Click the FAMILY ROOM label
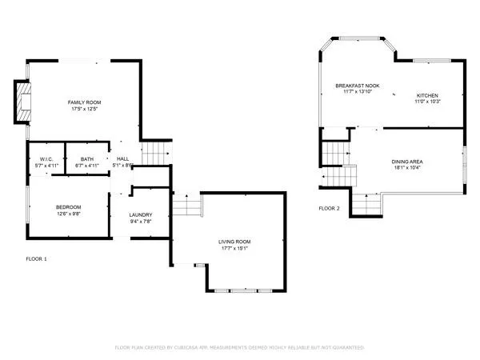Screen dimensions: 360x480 83,102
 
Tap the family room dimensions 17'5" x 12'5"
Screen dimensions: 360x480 83,109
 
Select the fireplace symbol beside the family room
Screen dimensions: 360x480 23,102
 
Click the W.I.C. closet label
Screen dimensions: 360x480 46,158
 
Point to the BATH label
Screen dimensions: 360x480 86,158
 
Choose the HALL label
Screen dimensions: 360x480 122,158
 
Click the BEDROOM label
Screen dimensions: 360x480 68,207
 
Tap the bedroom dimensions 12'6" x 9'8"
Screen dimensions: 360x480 68,214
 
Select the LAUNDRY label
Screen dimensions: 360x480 140,214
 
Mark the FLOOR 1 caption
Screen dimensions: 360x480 36,259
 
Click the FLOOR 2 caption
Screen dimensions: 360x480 329,208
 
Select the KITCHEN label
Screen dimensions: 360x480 427,95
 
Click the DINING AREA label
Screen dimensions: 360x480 408,161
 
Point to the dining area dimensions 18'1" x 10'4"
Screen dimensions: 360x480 408,167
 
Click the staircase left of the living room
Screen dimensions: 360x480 186,207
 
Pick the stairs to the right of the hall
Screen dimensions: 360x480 157,152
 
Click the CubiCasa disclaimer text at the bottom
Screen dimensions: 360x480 240,348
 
